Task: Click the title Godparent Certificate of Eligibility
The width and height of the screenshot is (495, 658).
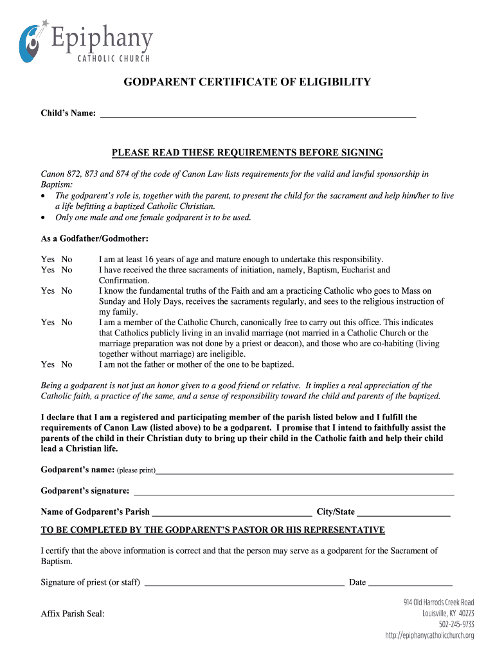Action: [x=248, y=82]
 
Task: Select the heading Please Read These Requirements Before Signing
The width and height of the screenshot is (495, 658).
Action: [x=248, y=153]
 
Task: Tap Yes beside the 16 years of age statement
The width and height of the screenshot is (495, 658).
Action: [x=48, y=260]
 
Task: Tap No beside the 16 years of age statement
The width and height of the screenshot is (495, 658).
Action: [x=67, y=260]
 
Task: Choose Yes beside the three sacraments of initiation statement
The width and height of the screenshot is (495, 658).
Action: [x=48, y=271]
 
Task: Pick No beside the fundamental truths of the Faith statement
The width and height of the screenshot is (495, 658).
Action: [x=67, y=291]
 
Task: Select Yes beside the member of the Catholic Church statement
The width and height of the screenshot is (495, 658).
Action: [x=48, y=323]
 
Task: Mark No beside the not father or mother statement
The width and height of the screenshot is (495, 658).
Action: [x=67, y=364]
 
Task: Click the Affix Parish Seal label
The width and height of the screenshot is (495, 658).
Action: [x=73, y=614]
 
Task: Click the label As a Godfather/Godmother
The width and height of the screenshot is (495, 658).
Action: [x=94, y=239]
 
